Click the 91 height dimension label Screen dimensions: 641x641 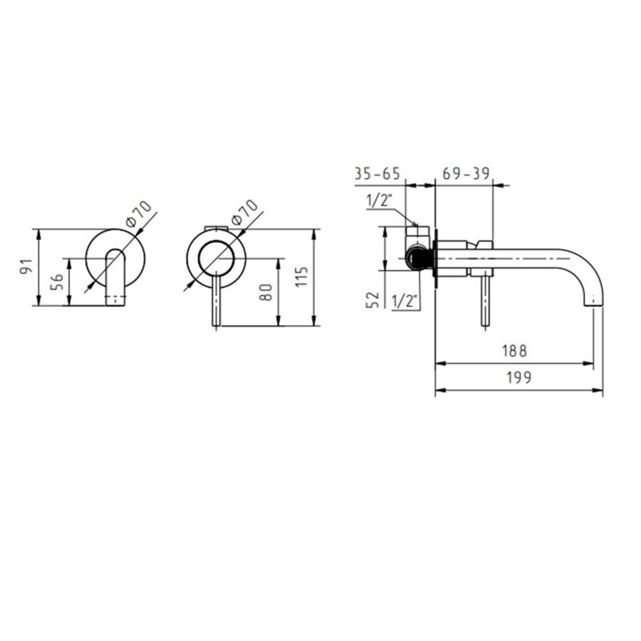(26, 267)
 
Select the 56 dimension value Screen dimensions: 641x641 (57, 282)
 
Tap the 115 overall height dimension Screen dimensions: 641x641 (302, 277)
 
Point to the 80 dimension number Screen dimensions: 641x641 (266, 292)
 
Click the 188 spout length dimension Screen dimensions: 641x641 (514, 351)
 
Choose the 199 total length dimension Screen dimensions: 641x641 (519, 377)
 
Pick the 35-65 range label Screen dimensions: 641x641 (377, 173)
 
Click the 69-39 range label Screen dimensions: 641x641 (466, 173)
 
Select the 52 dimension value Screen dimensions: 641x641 (372, 300)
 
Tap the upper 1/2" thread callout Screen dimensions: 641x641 (379, 200)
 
